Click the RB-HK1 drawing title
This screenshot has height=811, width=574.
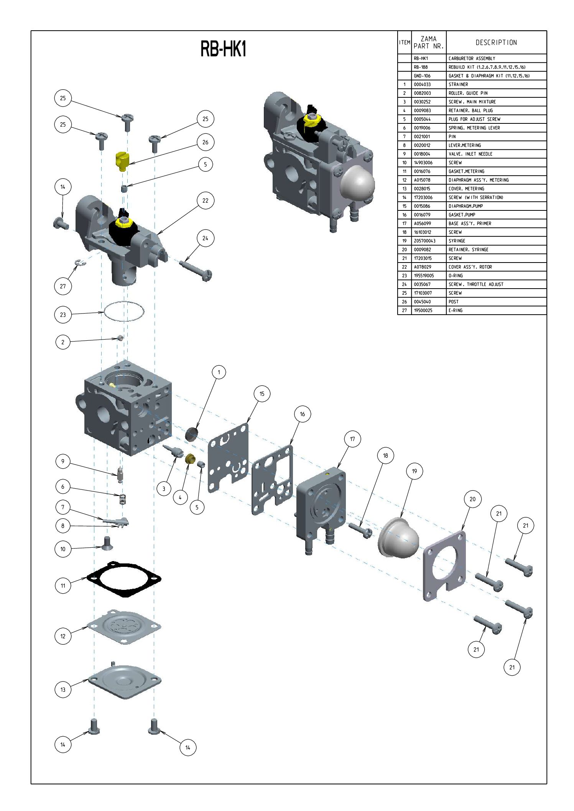(x=223, y=49)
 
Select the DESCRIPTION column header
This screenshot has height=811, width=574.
(x=496, y=43)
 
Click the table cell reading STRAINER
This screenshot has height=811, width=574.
(x=458, y=84)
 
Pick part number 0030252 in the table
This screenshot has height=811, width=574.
(x=422, y=102)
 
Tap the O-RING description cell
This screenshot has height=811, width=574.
(x=456, y=276)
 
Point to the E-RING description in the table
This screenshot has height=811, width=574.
(x=456, y=310)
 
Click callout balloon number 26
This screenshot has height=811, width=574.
(x=205, y=142)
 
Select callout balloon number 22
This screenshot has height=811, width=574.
(x=205, y=200)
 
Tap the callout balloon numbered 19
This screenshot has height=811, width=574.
(x=414, y=471)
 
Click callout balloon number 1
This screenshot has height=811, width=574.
(x=219, y=372)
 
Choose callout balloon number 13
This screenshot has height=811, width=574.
(x=63, y=690)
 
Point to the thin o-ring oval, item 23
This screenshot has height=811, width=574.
(x=124, y=312)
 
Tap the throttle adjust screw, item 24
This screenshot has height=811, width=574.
(x=196, y=269)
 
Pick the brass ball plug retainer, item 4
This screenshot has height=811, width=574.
(x=189, y=459)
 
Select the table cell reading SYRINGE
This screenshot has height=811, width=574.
(x=457, y=241)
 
